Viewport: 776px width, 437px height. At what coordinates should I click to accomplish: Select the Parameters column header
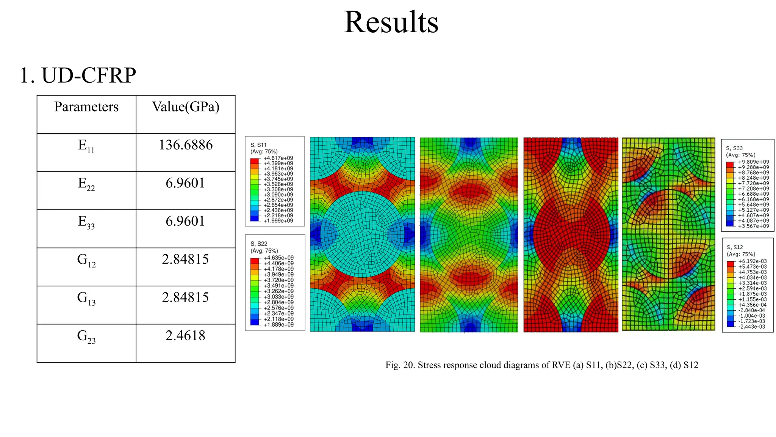click(86, 107)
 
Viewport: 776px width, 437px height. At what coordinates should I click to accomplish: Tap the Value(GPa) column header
click(186, 107)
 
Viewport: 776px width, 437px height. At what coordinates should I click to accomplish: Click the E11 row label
click(86, 146)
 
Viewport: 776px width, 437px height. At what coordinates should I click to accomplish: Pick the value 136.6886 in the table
click(186, 145)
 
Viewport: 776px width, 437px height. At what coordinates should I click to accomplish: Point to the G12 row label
click(86, 260)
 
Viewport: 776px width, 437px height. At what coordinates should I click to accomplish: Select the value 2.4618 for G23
click(186, 336)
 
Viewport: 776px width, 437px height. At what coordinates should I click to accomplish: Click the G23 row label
click(86, 336)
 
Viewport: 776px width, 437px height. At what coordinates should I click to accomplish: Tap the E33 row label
click(86, 222)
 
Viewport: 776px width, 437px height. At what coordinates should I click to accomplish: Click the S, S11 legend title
click(258, 145)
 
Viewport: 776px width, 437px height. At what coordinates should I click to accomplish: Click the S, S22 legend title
click(259, 244)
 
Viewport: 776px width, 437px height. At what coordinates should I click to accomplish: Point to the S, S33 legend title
click(734, 148)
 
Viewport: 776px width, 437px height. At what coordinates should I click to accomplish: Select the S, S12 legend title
click(735, 247)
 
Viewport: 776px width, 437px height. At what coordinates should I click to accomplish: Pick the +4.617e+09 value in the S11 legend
click(278, 158)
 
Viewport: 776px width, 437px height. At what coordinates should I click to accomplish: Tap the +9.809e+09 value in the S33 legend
click(754, 162)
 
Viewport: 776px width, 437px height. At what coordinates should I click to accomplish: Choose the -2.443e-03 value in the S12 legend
click(752, 327)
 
